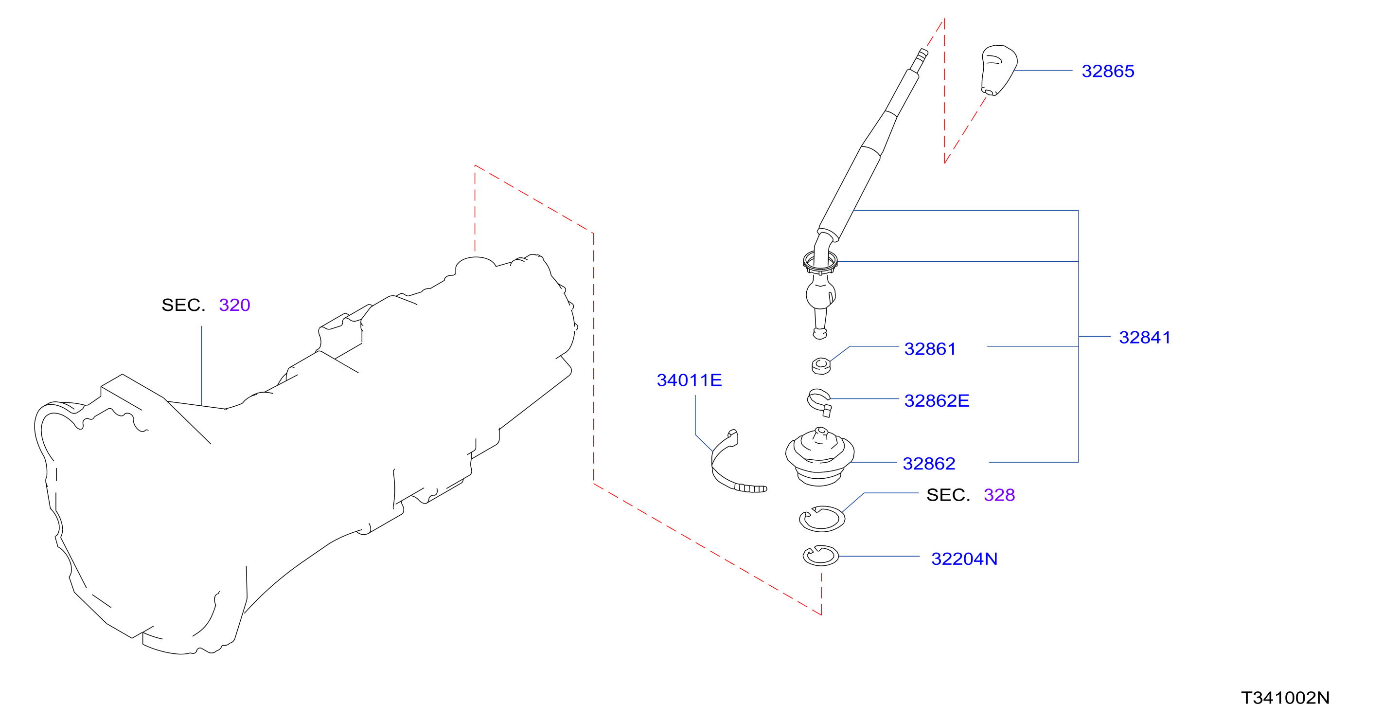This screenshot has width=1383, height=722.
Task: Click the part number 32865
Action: [1108, 71]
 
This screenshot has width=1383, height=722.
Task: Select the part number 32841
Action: [1145, 337]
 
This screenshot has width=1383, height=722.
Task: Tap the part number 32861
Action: [930, 349]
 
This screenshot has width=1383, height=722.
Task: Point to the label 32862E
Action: [936, 400]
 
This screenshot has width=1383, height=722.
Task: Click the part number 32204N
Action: [964, 559]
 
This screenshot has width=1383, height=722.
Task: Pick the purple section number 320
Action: [234, 305]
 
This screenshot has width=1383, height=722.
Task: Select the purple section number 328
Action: [999, 495]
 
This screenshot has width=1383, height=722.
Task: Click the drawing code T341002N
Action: [1285, 698]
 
